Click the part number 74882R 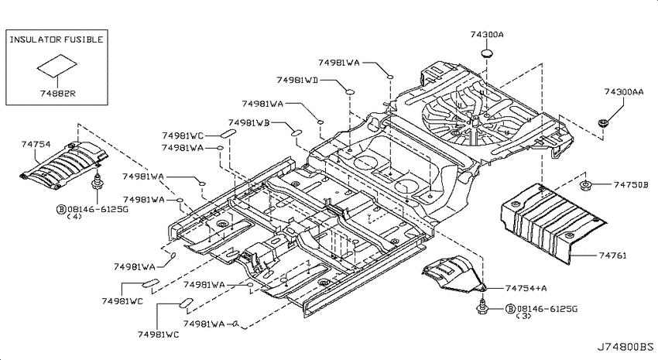pos(58,93)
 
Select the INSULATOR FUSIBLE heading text pos(57,39)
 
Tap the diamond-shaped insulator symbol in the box pos(57,65)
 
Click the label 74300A pos(487,34)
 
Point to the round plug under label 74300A pos(486,53)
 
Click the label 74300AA pos(624,91)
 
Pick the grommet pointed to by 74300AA pos(603,123)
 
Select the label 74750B pos(631,184)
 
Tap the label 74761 pos(612,255)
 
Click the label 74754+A pos(526,288)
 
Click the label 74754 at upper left pos(36,144)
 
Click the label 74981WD pos(297,80)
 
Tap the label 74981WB pos(248,122)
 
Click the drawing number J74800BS pos(625,347)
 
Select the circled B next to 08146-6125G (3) pos(510,309)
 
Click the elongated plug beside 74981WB pos(296,133)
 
